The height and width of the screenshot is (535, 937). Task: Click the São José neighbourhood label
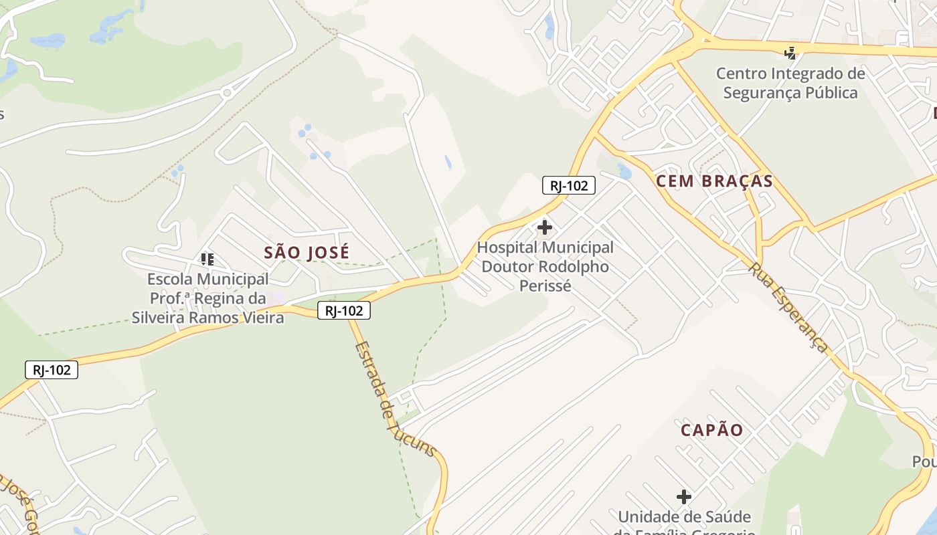(x=307, y=252)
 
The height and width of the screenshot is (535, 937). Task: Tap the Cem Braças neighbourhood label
(x=714, y=181)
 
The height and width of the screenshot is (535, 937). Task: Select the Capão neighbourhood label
(x=712, y=430)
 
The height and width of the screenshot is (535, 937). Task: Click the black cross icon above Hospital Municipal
(x=545, y=227)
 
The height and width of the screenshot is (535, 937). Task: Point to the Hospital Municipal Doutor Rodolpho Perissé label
(x=545, y=267)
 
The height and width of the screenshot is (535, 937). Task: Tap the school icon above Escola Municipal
(x=207, y=259)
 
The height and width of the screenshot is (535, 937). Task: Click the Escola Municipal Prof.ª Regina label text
(x=207, y=298)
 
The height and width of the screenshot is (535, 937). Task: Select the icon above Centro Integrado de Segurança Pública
(x=790, y=53)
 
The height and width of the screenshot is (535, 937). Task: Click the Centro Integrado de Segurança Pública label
(x=790, y=83)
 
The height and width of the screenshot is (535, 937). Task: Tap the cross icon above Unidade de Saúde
(x=683, y=497)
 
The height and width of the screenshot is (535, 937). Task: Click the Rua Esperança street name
(x=788, y=308)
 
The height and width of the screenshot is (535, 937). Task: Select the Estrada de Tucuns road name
(x=395, y=400)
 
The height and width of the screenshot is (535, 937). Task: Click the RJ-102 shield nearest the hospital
(x=568, y=186)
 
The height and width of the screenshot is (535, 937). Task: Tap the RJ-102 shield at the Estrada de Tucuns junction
(x=344, y=310)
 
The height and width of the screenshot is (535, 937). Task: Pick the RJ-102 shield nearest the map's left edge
(x=52, y=370)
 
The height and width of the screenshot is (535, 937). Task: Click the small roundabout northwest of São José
(x=227, y=92)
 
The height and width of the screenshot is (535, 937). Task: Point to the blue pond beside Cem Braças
(x=624, y=172)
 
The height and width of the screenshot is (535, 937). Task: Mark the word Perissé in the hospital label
(x=545, y=286)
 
